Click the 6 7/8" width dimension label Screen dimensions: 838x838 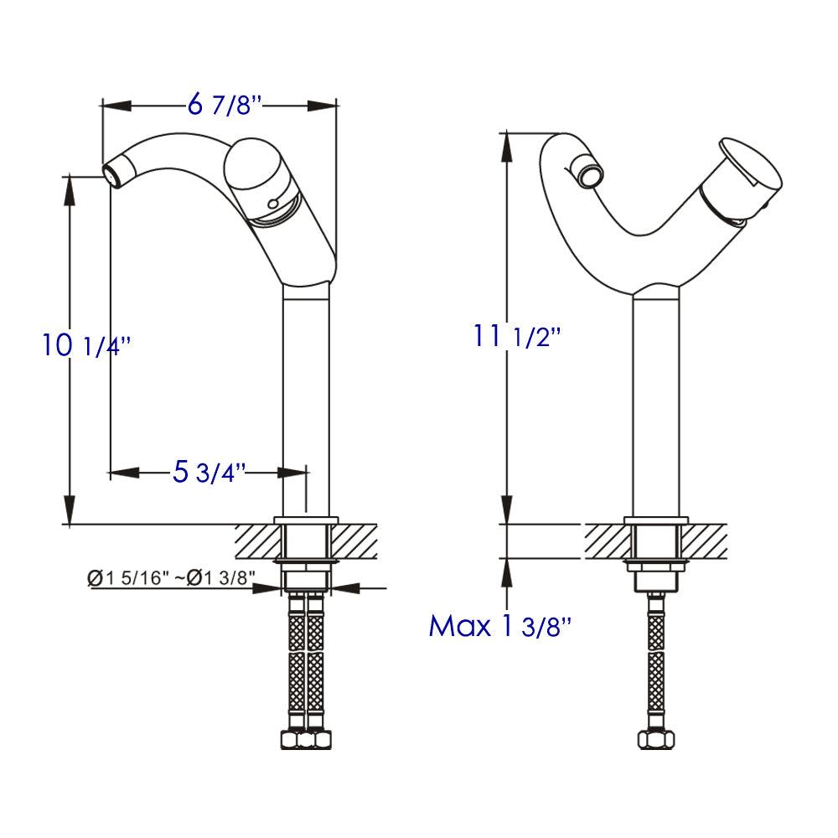pos(224,106)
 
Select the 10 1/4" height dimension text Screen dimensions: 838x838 pos(88,345)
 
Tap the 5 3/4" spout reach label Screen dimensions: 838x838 pos(209,472)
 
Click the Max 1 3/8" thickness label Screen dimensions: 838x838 pos(500,625)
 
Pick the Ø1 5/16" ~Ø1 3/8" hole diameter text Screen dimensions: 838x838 pos(171,577)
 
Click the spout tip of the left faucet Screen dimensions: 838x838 pos(112,173)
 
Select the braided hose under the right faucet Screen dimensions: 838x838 pos(656,662)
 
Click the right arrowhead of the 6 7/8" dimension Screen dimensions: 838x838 pos(323,106)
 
